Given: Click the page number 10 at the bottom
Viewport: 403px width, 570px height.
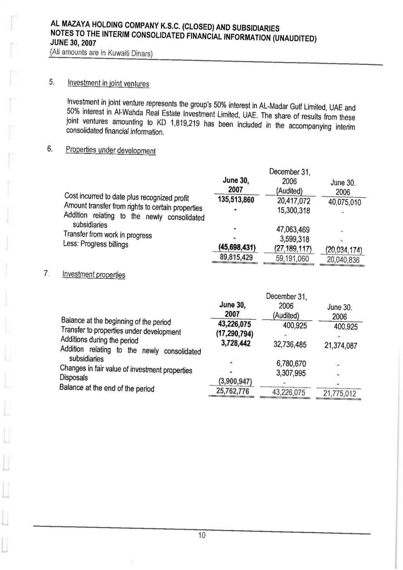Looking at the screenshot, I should (201, 535).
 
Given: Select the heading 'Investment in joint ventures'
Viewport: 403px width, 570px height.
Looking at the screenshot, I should (108, 83).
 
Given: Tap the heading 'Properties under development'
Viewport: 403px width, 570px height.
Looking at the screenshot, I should (111, 150).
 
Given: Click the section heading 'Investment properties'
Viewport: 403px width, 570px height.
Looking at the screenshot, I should (94, 274).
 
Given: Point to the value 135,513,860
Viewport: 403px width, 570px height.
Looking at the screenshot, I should (236, 200).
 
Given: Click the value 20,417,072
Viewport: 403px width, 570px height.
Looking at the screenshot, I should (293, 201).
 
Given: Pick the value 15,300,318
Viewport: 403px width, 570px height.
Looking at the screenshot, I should (293, 210).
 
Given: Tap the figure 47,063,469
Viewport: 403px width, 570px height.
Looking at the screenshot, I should (293, 230).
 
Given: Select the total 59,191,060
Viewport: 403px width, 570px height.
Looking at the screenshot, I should (293, 258).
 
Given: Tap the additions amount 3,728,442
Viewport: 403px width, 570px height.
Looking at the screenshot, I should (236, 343).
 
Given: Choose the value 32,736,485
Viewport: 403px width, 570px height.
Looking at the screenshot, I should (290, 344).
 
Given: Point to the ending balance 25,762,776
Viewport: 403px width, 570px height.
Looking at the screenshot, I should (232, 391).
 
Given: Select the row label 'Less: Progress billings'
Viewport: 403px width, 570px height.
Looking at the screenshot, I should (96, 244).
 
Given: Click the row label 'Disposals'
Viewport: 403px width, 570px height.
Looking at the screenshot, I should (74, 377).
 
